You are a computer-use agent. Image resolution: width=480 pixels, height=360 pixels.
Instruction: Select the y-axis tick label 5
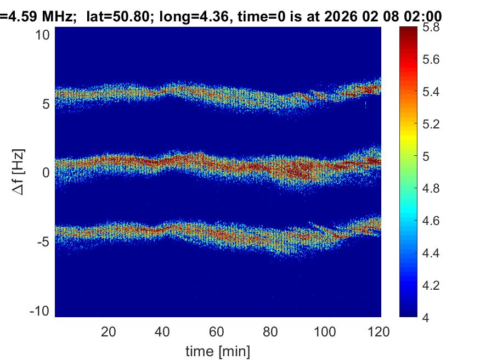(47, 104)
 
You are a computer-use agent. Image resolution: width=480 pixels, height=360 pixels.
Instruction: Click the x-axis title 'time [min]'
(218, 350)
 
